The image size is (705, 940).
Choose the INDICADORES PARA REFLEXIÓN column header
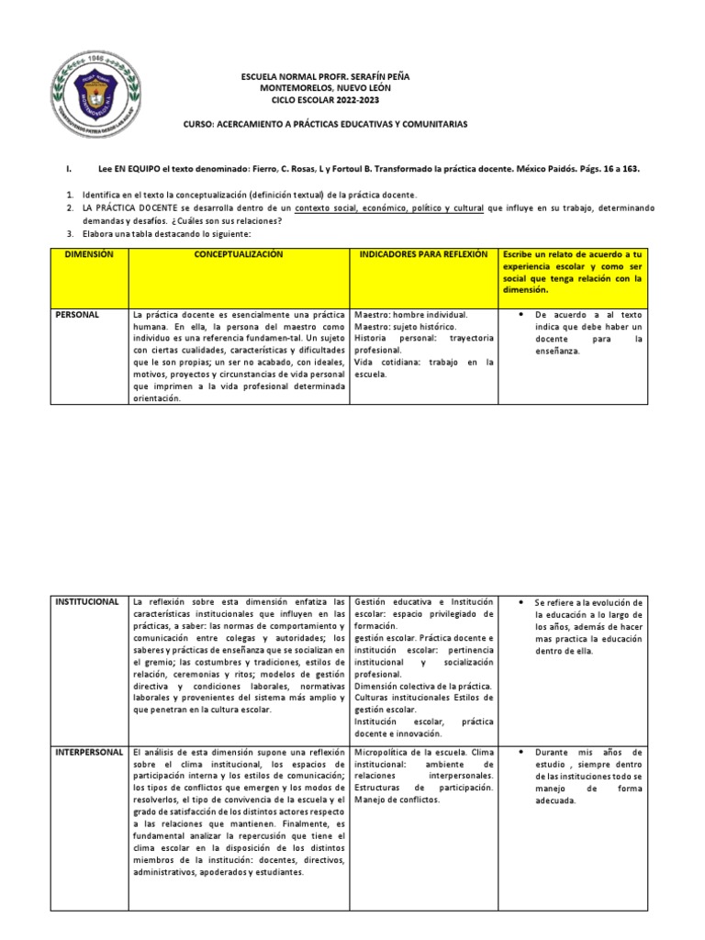pyautogui.click(x=423, y=254)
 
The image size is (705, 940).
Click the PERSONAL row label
pyautogui.click(x=78, y=315)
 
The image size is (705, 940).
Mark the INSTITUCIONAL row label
pyautogui.click(x=87, y=576)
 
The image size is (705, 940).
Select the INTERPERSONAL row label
pyautogui.click(x=89, y=752)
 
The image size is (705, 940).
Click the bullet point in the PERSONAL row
pyautogui.click(x=521, y=315)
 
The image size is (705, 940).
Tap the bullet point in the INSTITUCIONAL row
pyautogui.click(x=521, y=576)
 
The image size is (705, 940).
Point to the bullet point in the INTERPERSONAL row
pyautogui.click(x=521, y=753)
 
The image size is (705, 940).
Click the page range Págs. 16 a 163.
pyautogui.click(x=601, y=170)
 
